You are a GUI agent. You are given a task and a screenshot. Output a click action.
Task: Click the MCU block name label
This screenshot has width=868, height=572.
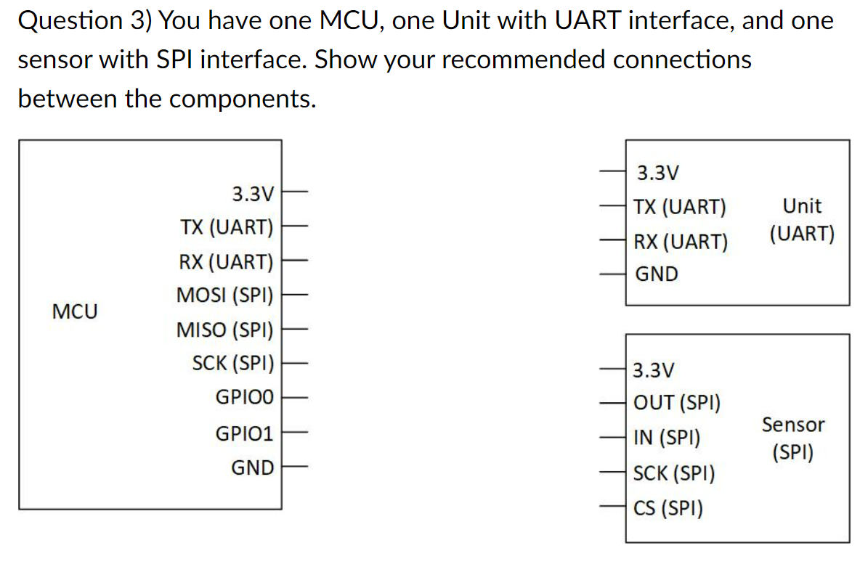click(x=75, y=312)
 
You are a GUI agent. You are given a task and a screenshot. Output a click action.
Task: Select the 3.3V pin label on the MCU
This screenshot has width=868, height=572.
click(x=253, y=195)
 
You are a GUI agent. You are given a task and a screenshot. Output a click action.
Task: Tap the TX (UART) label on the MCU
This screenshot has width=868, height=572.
click(x=227, y=228)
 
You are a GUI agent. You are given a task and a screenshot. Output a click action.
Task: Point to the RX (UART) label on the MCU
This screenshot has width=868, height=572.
click(x=226, y=262)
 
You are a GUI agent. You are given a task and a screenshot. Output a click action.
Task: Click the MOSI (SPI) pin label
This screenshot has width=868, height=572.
click(x=224, y=296)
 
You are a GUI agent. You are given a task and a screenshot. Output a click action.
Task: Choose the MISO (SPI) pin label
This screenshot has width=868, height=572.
click(x=224, y=330)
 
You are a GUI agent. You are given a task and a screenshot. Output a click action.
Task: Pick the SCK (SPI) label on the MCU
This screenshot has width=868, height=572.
click(x=232, y=363)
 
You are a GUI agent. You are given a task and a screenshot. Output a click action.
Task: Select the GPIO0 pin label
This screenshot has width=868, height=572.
click(x=245, y=398)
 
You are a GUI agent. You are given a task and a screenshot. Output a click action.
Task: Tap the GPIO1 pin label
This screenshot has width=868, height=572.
click(x=245, y=434)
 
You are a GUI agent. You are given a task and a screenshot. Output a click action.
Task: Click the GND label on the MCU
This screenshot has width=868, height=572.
click(x=253, y=468)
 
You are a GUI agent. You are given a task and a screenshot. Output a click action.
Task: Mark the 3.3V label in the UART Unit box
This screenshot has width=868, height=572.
click(x=657, y=173)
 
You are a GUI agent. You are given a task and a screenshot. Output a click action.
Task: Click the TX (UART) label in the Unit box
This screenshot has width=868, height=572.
click(x=680, y=208)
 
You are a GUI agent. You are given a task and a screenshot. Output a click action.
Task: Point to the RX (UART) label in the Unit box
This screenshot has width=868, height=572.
click(x=681, y=242)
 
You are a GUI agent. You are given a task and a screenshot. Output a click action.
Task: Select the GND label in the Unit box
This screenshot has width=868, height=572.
click(x=657, y=274)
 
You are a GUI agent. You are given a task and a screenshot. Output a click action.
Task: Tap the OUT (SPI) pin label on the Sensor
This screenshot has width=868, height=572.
click(x=677, y=402)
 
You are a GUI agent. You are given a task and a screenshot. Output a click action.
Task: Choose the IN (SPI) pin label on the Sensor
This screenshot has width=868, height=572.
click(x=667, y=438)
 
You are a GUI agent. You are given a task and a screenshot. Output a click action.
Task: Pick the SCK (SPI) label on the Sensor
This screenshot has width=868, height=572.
click(x=674, y=474)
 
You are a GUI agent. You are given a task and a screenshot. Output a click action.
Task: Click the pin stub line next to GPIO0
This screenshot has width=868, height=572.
click(x=296, y=398)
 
